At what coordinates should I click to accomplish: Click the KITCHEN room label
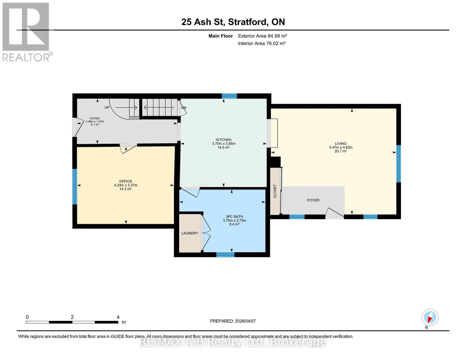(x=224, y=140)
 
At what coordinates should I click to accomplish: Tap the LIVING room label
(x=341, y=144)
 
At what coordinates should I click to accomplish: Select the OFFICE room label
(x=125, y=181)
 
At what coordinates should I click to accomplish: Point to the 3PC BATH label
(x=234, y=217)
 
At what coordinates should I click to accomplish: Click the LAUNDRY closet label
(x=190, y=233)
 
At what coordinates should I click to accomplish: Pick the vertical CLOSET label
(x=275, y=191)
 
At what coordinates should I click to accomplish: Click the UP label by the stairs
(x=107, y=107)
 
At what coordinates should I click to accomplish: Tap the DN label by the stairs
(x=184, y=108)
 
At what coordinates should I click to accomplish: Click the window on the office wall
(x=75, y=187)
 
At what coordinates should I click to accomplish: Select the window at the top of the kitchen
(x=229, y=96)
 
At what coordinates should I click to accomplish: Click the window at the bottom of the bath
(x=225, y=255)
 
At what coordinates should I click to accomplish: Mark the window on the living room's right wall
(x=398, y=164)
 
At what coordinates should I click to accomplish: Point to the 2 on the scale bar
(x=72, y=317)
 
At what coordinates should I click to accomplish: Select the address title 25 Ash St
(x=233, y=22)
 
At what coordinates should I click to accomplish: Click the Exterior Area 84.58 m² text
(x=262, y=36)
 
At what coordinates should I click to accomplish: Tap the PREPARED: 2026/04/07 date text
(x=233, y=321)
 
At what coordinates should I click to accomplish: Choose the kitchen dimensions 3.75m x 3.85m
(x=224, y=144)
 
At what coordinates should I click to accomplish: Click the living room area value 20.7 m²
(x=341, y=151)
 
